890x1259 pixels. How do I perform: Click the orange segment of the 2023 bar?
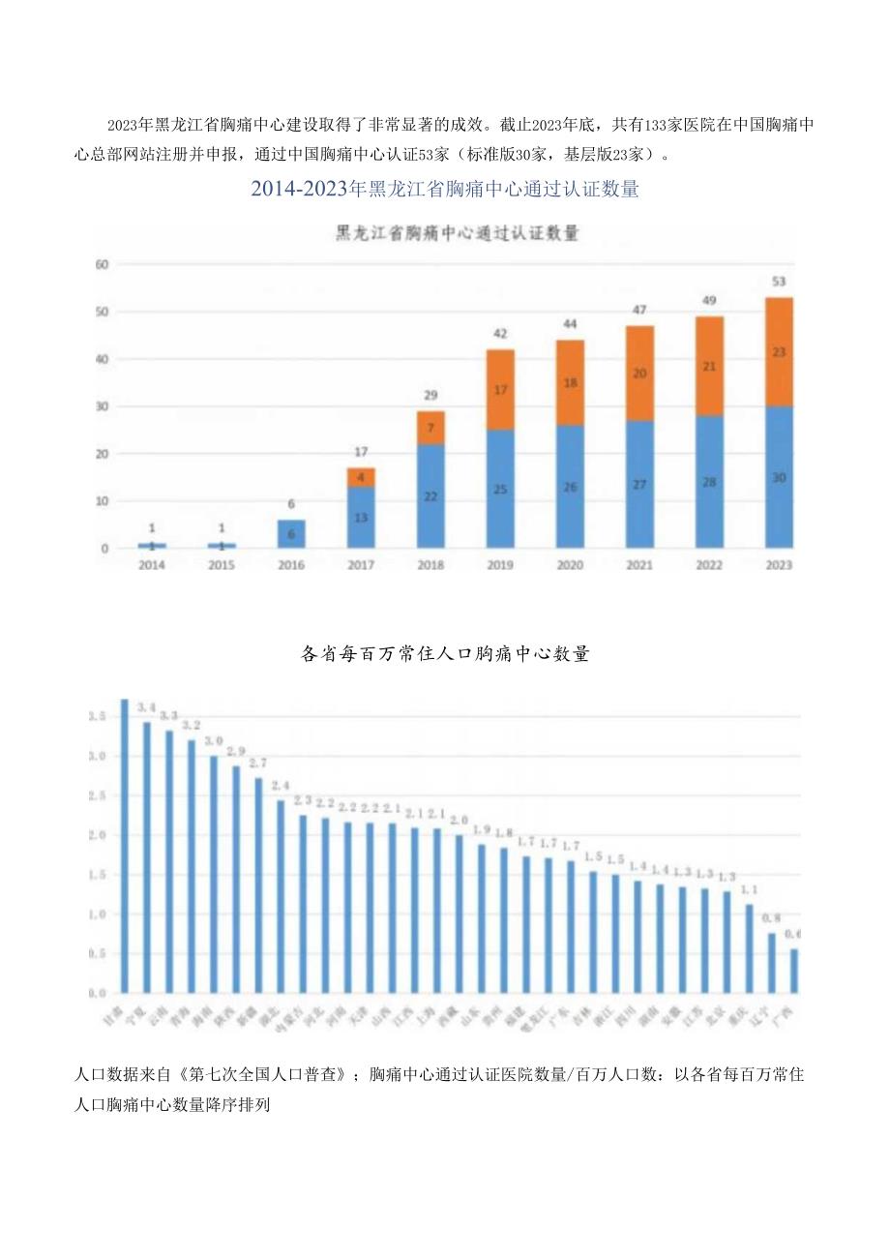[779, 351]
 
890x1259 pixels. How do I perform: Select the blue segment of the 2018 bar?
[430, 496]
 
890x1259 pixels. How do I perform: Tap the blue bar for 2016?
[291, 534]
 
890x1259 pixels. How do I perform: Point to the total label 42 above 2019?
[500, 333]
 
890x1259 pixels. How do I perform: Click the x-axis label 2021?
[638, 564]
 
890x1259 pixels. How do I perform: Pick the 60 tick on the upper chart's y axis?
[102, 264]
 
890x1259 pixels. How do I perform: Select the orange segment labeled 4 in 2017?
[361, 477]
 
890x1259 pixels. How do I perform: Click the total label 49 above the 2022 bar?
[709, 300]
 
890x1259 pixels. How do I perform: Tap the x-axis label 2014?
[152, 564]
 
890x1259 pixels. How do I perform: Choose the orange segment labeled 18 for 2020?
[570, 382]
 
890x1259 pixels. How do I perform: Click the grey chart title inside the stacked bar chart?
[457, 233]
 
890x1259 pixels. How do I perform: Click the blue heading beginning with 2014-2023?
[445, 190]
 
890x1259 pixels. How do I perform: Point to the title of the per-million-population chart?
[445, 654]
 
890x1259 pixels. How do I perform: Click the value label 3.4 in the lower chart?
[146, 707]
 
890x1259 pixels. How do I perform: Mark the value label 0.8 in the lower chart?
[771, 918]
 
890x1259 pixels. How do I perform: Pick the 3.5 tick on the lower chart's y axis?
[97, 717]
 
